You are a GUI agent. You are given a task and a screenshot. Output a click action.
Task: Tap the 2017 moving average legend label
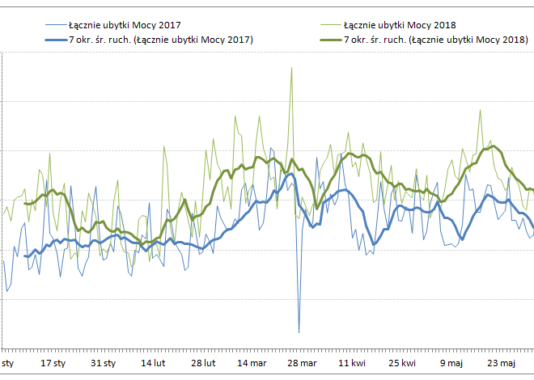[160, 39]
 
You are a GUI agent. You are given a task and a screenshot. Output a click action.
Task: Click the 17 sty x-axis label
[53, 363]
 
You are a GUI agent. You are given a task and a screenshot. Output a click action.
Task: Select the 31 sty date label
[104, 363]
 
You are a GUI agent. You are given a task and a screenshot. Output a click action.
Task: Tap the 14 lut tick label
[154, 363]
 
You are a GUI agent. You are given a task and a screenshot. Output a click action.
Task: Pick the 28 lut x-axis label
[203, 363]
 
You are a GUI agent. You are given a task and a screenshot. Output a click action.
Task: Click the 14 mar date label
[252, 363]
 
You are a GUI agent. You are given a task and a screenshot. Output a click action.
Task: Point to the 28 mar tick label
[302, 363]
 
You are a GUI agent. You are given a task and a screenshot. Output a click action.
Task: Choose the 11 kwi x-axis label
[353, 363]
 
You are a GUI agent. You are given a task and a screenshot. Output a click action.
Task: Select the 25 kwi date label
[402, 363]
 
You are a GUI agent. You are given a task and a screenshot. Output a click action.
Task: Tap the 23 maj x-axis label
[502, 363]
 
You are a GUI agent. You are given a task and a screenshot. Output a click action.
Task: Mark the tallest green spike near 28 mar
[291, 68]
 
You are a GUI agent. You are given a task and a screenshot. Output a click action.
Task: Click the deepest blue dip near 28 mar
[299, 331]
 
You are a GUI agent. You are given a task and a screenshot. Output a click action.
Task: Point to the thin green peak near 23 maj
[481, 111]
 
